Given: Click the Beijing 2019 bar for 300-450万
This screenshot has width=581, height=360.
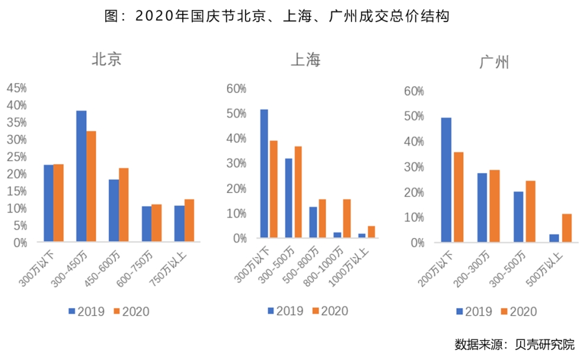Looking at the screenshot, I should [81, 176].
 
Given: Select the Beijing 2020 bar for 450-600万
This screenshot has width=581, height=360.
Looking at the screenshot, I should [124, 205].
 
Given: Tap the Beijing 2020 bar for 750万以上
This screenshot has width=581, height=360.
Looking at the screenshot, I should [189, 220].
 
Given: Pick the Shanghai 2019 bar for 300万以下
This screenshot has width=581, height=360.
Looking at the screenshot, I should [264, 173].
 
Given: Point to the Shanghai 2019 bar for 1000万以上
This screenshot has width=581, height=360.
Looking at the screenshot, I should [361, 236].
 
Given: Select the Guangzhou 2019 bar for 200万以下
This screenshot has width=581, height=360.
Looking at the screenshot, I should [446, 179].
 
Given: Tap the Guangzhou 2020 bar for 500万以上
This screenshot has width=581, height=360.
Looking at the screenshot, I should [567, 228].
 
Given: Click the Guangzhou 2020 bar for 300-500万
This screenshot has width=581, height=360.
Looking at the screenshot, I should [530, 211].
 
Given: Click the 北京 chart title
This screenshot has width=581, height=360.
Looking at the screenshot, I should [106, 59].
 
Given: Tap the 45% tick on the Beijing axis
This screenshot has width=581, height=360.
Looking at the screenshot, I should [17, 88].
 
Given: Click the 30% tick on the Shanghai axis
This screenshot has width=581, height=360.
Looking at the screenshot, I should [237, 163].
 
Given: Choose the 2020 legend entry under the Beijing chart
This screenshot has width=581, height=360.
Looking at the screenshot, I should [130, 311].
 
